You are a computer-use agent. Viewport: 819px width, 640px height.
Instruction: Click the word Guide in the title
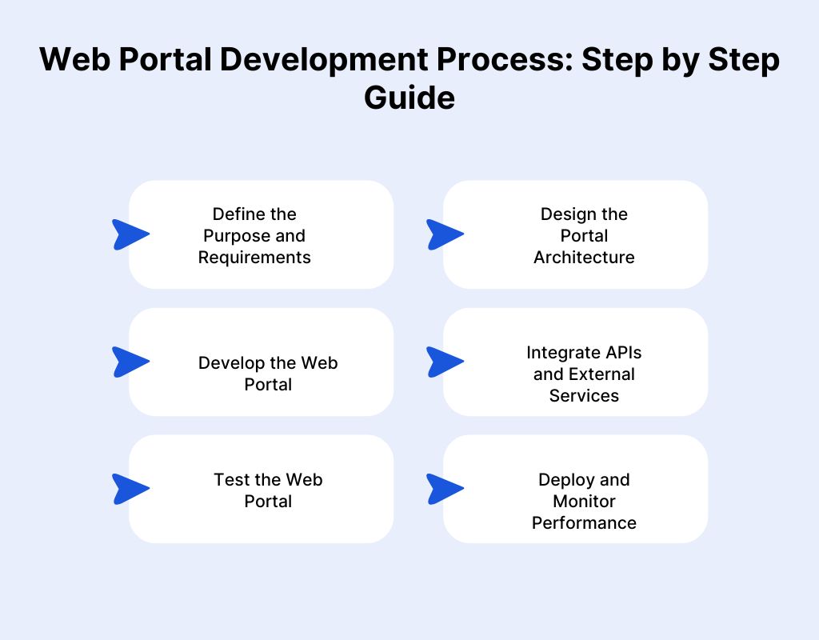[409, 98]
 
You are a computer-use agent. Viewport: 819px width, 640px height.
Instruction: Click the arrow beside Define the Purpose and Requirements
[130, 234]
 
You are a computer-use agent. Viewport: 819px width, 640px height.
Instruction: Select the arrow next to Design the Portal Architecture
[444, 234]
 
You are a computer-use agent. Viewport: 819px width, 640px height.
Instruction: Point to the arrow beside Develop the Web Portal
[130, 362]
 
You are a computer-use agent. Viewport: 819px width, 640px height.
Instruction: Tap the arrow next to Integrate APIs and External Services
[444, 362]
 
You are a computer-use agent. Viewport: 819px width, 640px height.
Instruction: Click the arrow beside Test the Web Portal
[130, 489]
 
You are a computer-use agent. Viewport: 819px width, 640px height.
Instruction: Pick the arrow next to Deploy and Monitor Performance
[444, 489]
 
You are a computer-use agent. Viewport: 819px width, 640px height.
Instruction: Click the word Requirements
[254, 257]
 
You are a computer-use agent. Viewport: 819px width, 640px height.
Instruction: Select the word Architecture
[584, 257]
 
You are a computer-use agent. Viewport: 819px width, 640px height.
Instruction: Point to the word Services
[584, 395]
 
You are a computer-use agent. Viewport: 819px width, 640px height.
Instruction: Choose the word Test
[230, 479]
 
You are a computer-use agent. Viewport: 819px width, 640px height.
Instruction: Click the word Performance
[584, 522]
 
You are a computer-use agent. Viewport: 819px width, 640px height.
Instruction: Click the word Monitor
[584, 501]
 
